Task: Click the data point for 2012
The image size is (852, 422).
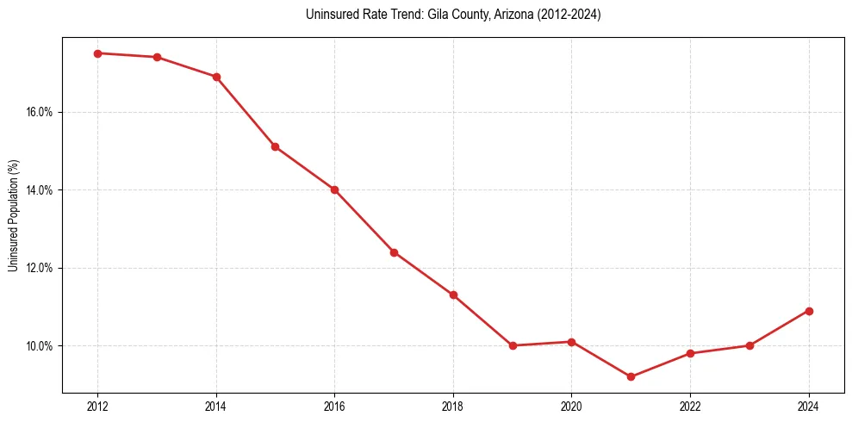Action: coord(97,53)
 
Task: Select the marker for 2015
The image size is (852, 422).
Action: coord(275,146)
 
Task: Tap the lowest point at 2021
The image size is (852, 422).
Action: coord(631,376)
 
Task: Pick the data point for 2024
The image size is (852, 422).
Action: coord(809,311)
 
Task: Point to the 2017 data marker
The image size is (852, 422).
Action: coord(394,252)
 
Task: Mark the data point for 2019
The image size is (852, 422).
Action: coord(513,345)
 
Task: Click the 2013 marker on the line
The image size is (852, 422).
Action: coord(157,57)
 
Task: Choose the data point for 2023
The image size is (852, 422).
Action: coord(749,345)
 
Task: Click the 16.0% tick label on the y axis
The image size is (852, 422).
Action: coord(41,112)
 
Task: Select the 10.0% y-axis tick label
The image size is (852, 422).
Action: coord(41,346)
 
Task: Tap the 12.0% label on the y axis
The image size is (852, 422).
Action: coord(41,268)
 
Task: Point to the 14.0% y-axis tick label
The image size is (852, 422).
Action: coord(41,190)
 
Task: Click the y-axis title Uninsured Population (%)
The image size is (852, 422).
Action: coord(14,215)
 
